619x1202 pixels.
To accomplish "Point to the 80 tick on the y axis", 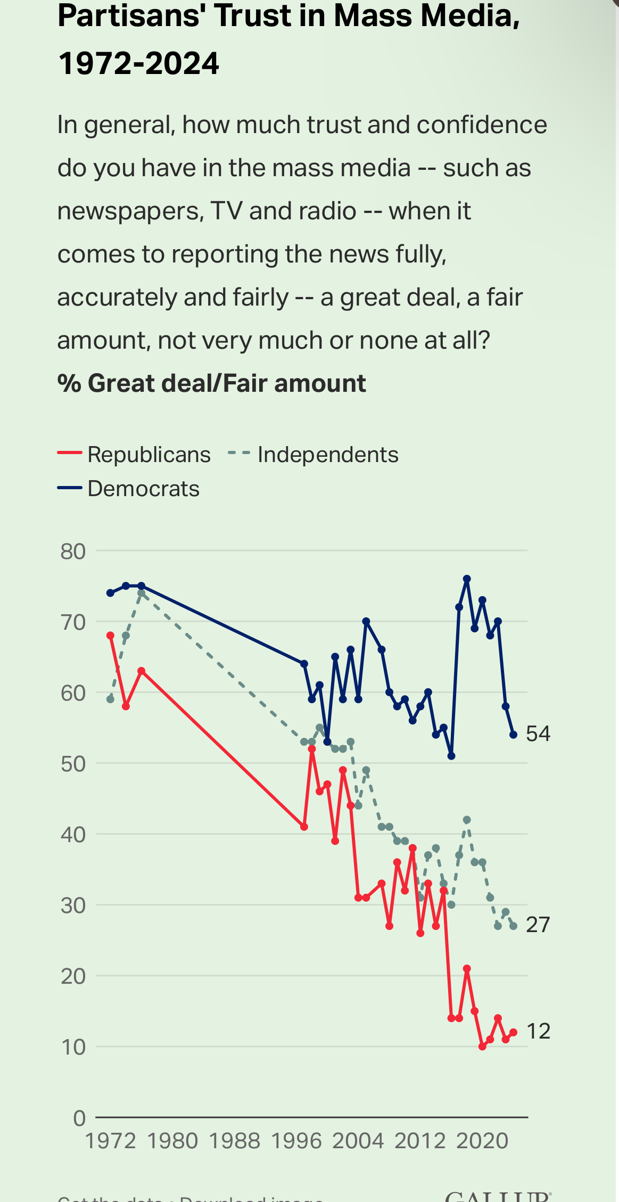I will coord(73,551).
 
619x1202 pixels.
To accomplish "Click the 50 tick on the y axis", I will coord(73,764).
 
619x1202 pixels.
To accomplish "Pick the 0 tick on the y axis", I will coord(79,1118).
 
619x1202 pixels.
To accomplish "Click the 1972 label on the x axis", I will coord(111,1141).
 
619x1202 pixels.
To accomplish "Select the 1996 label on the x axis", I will coord(296,1141).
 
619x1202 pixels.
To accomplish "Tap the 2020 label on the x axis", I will coord(482,1141).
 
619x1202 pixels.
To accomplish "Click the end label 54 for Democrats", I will coord(538,734).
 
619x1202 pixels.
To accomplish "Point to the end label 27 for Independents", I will coord(538,925).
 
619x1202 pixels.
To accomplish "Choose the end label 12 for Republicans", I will coord(538,1032).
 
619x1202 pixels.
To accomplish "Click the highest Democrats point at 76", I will coord(467,579).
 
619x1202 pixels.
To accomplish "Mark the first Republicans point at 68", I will coord(110,636).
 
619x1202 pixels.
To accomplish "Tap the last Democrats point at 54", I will coord(513,735).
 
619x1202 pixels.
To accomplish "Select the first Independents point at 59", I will coord(110,699).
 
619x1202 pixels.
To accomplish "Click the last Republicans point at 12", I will coord(513,1032).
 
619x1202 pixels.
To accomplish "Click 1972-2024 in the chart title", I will coord(138,64).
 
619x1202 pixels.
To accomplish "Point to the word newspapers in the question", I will coord(130,211).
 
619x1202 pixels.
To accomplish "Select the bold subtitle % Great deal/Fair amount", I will coord(211,383).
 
